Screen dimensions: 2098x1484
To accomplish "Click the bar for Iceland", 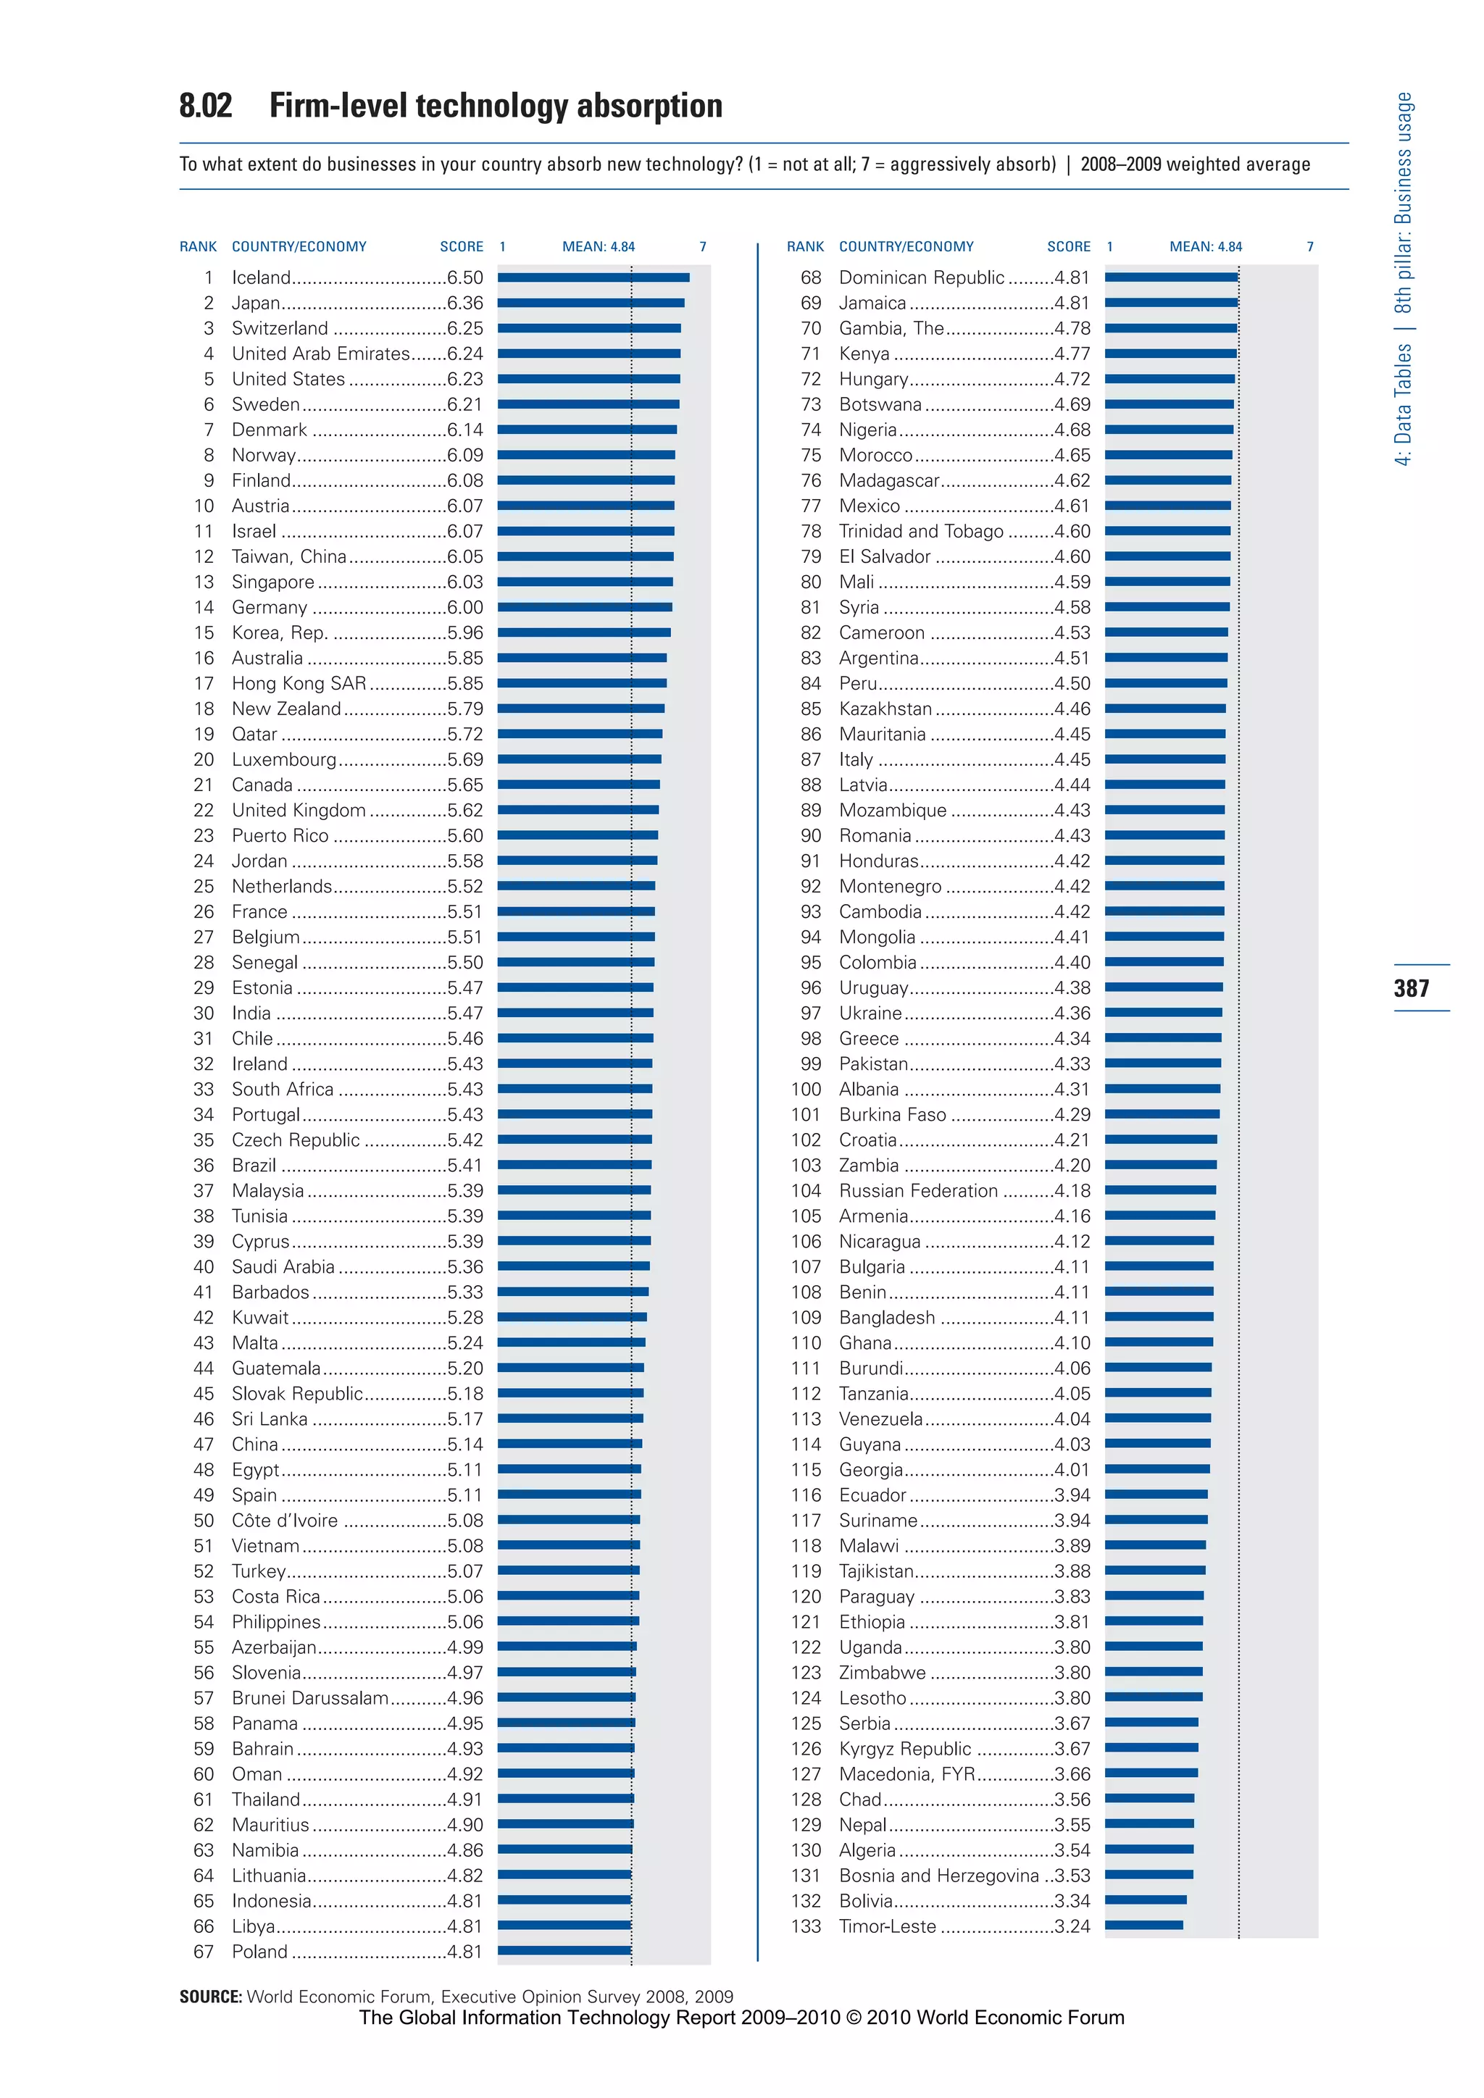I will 593,277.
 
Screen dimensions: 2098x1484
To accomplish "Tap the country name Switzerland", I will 280,328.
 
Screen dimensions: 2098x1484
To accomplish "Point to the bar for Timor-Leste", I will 1143,1926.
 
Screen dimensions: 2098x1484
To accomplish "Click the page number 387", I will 1411,987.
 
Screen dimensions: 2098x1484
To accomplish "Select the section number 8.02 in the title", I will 206,106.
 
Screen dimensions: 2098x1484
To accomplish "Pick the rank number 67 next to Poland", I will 203,1951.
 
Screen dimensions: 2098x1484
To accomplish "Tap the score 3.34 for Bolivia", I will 1071,1901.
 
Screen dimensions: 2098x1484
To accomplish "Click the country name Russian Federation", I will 917,1191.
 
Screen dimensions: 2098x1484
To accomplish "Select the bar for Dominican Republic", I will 1170,277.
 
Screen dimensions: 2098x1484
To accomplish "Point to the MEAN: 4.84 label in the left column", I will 598,247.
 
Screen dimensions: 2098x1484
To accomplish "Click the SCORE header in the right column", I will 1068,247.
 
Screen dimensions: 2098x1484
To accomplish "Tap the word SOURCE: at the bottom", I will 210,1997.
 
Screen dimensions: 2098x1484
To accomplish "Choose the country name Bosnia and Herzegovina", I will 938,1875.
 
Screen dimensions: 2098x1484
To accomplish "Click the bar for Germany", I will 584,607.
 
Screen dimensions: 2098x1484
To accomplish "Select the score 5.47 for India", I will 464,1014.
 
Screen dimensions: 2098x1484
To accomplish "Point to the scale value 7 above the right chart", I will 1309,247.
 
